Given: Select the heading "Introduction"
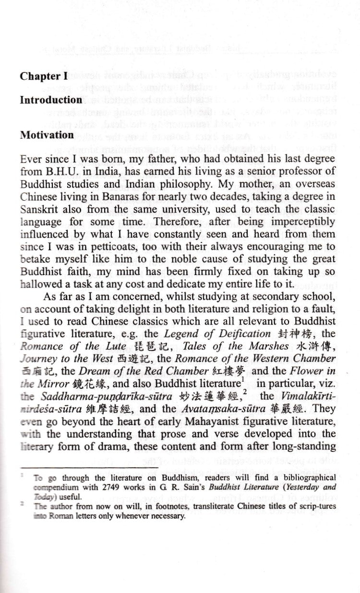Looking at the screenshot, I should coord(51,100).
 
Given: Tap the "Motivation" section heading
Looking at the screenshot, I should coord(47,135).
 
